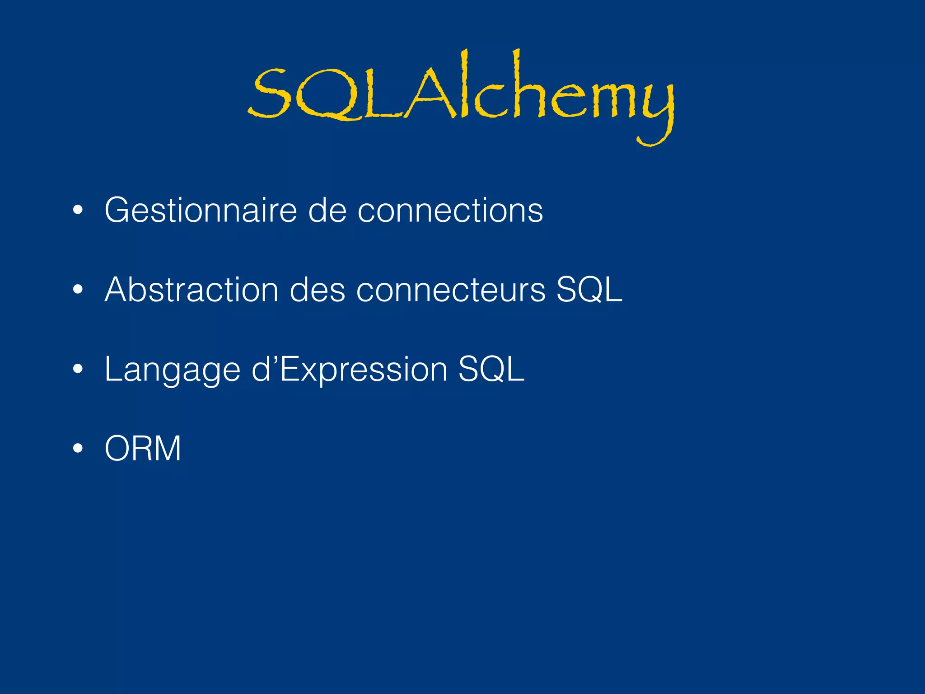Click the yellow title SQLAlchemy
461,95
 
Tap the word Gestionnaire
201,210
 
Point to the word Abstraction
192,290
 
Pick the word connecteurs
451,290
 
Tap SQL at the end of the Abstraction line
589,290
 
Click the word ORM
143,449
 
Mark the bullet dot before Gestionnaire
78,211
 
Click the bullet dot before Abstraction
78,290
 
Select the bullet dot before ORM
78,449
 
